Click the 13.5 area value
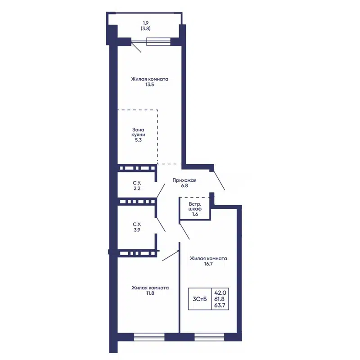[x=149, y=85]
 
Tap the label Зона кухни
[x=138, y=132]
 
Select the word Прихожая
[x=184, y=180]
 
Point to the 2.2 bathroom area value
[x=137, y=189]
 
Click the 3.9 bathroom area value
[x=137, y=230]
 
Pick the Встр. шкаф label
[x=195, y=207]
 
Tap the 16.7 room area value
[x=208, y=264]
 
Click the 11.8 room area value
[x=150, y=293]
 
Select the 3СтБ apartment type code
[x=200, y=299]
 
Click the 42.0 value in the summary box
[x=220, y=293]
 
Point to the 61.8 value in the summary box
[x=220, y=299]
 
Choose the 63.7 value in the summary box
[x=220, y=305]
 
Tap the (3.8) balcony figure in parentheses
[x=145, y=28]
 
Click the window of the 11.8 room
[x=149, y=337]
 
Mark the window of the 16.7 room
[x=209, y=337]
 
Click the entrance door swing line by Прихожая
[x=219, y=180]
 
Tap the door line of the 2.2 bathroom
[x=161, y=190]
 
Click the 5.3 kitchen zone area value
[x=138, y=140]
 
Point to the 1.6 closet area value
[x=195, y=214]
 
